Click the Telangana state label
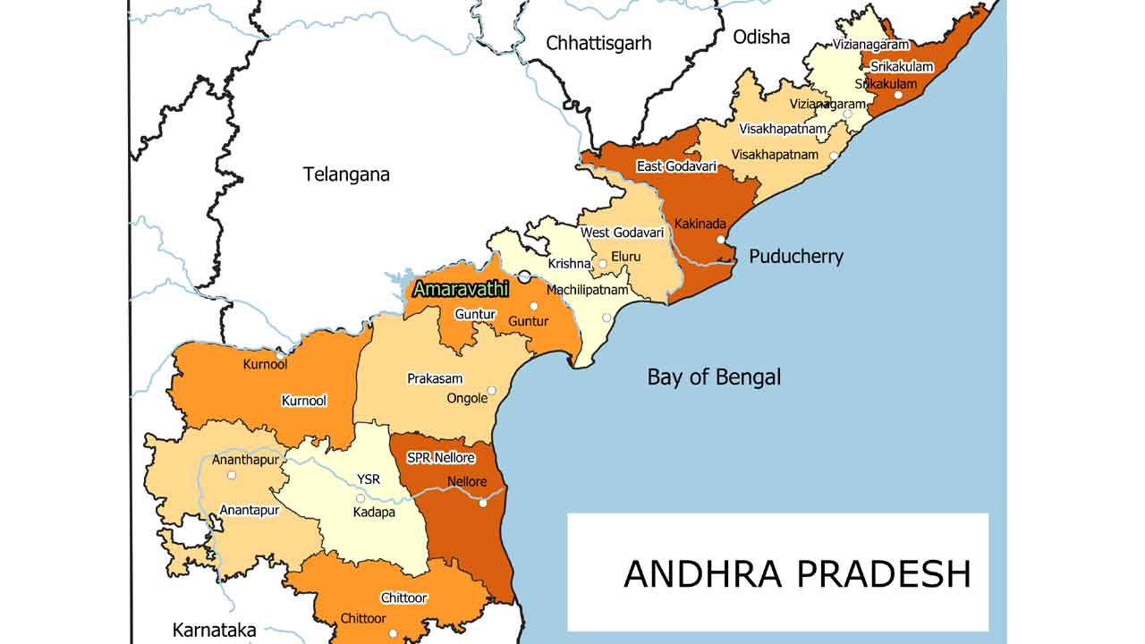[346, 174]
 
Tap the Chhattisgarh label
[598, 43]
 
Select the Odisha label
[761, 37]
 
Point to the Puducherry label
[795, 257]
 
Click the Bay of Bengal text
[714, 377]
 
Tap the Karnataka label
[214, 630]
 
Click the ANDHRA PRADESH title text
[796, 574]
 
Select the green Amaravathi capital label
[461, 289]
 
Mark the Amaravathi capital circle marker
[524, 276]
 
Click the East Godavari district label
[676, 166]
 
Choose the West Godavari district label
[623, 233]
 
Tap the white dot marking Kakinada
[721, 240]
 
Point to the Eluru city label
[626, 257]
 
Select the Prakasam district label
[435, 379]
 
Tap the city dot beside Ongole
[491, 391]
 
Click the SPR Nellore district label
[441, 458]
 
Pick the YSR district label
[369, 479]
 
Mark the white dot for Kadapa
[360, 498]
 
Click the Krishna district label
[569, 264]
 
